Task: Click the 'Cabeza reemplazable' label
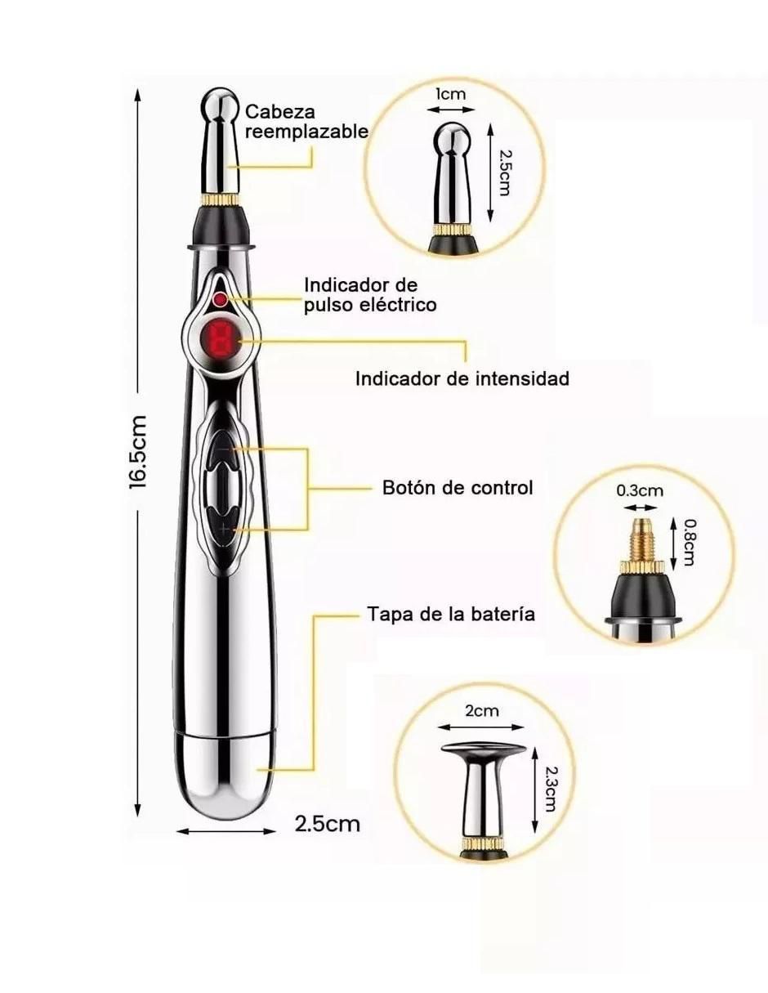click(x=306, y=122)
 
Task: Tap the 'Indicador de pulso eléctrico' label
click(x=370, y=295)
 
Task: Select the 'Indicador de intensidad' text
click(x=462, y=379)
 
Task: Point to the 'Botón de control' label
click(x=457, y=488)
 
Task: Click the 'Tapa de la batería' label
click(x=451, y=614)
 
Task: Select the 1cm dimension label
click(x=449, y=94)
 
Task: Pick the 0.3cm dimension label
click(x=639, y=491)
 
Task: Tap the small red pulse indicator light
click(x=221, y=299)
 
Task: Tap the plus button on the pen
click(x=223, y=529)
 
